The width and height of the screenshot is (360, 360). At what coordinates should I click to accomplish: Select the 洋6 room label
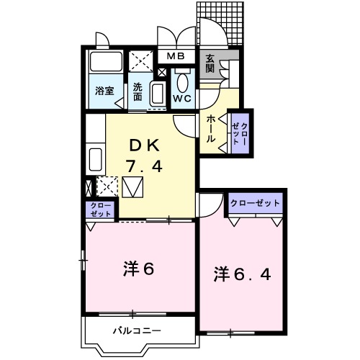139,269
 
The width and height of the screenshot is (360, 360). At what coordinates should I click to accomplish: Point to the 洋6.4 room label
242,274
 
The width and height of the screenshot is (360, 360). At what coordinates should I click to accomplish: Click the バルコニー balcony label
137,332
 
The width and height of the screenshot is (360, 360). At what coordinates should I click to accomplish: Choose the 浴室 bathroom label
104,91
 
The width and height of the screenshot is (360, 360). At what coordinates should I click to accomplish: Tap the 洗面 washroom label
138,92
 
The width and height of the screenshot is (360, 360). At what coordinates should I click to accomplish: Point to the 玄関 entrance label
210,64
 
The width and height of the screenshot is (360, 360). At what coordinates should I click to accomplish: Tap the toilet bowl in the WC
183,81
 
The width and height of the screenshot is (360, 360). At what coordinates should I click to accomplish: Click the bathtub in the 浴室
105,66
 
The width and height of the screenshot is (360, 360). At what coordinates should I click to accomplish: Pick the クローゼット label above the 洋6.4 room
255,204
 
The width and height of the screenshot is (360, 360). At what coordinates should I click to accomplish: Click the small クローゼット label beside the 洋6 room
100,210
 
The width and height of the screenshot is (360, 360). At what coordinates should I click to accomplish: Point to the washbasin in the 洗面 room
157,94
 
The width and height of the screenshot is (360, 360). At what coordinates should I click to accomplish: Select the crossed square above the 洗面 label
138,63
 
